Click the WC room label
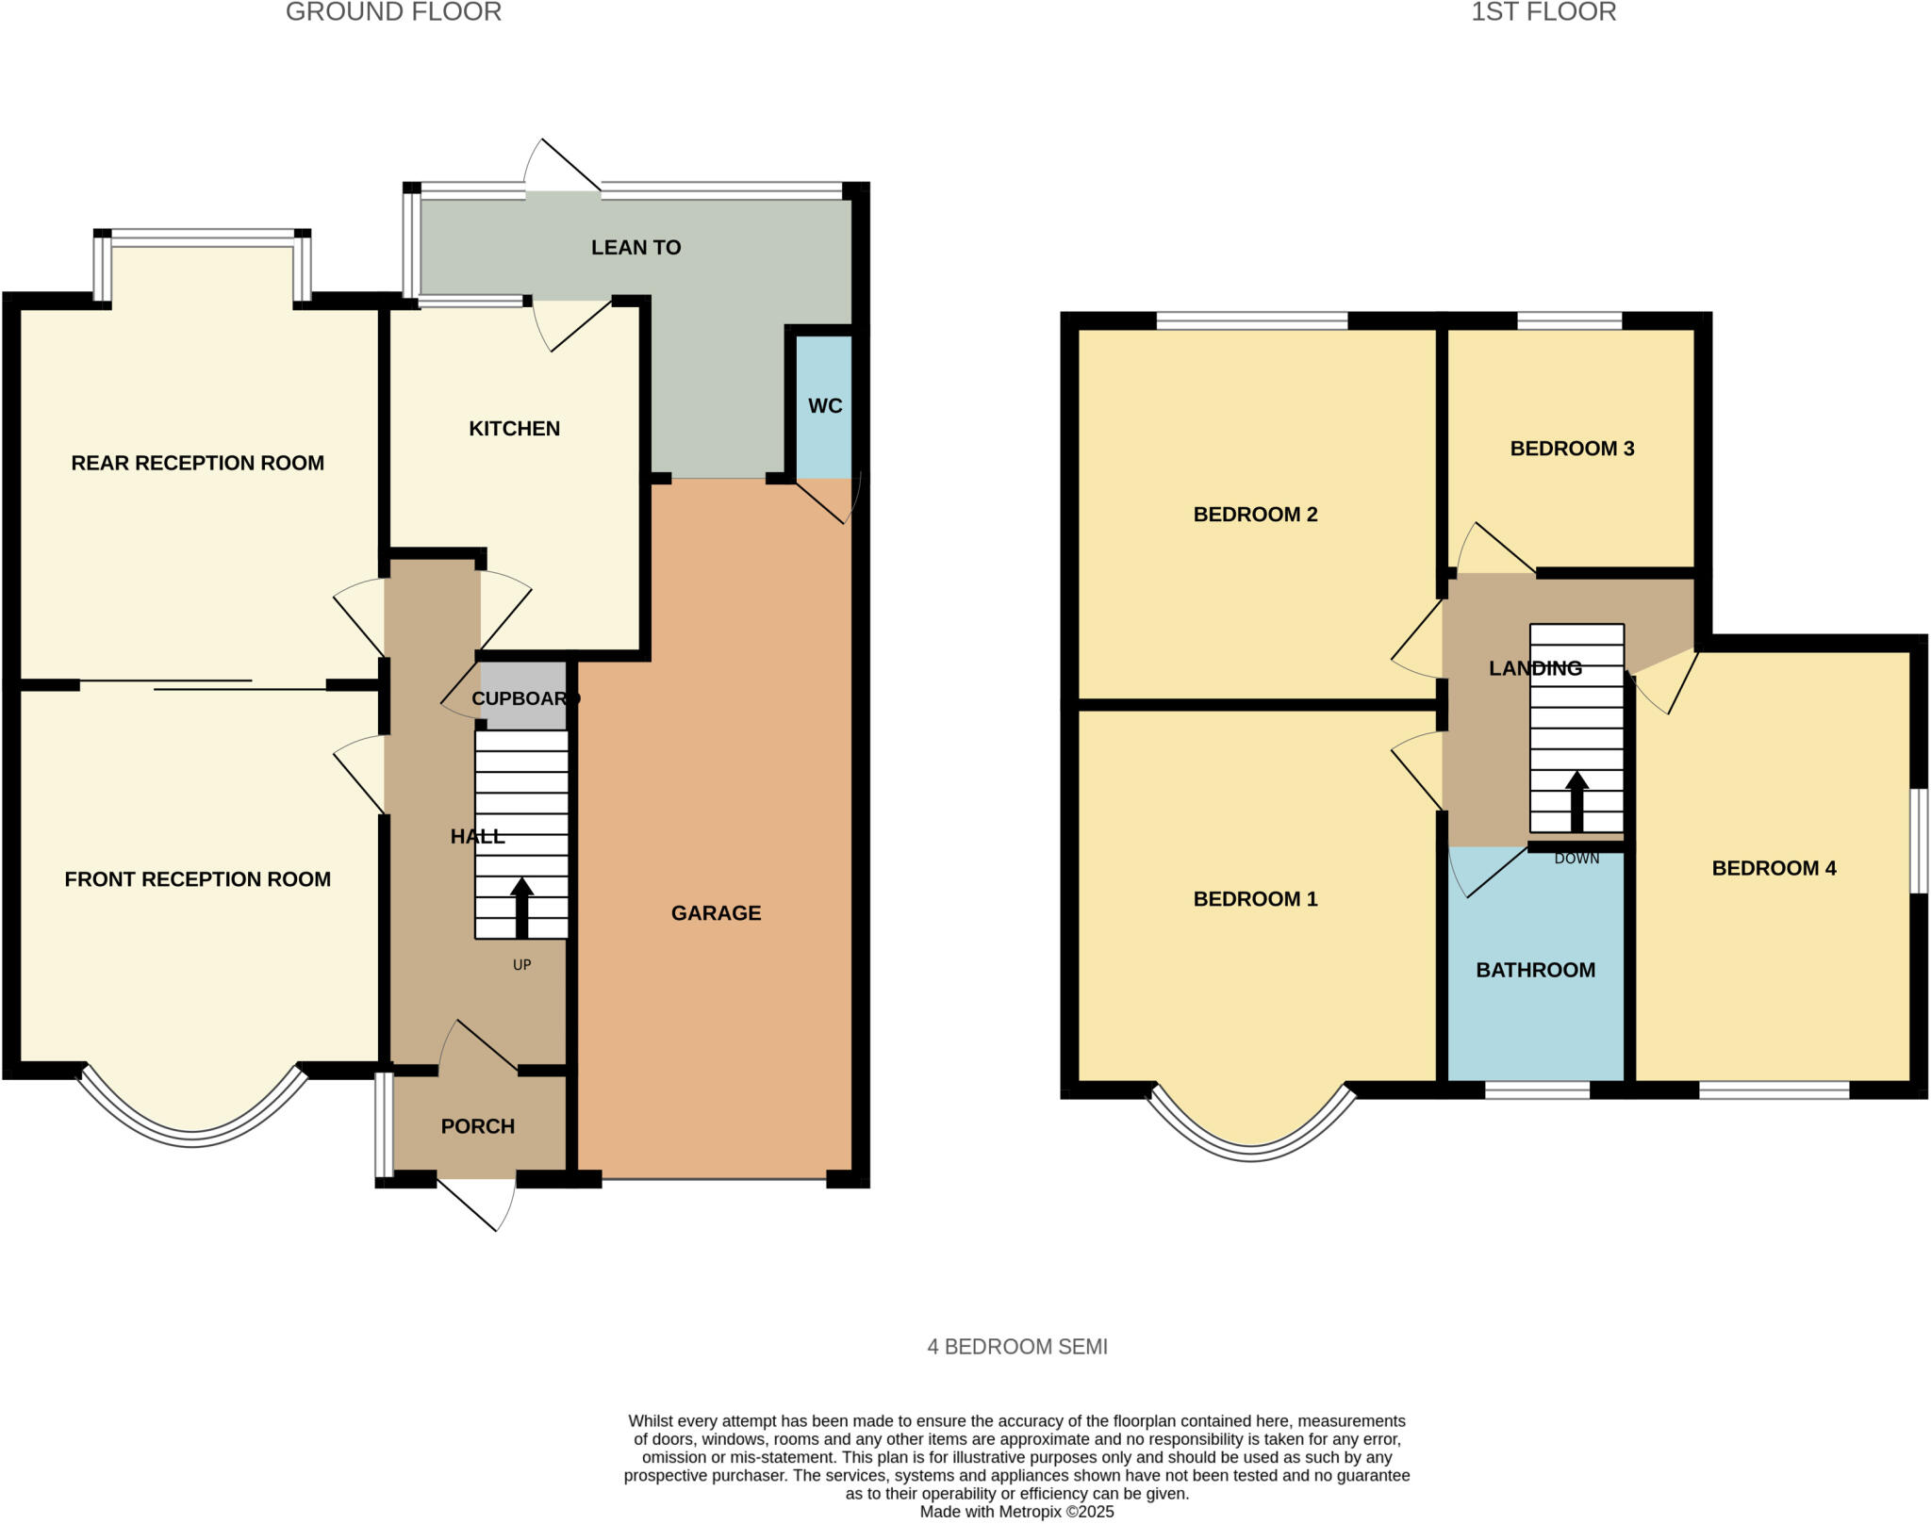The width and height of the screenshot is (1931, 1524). pyautogui.click(x=825, y=406)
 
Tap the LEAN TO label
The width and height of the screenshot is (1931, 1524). pyautogui.click(x=635, y=248)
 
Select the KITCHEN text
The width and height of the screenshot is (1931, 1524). pyautogui.click(x=514, y=429)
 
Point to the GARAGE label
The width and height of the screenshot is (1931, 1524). pyautogui.click(x=716, y=912)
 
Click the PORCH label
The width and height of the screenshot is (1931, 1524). pyautogui.click(x=477, y=1126)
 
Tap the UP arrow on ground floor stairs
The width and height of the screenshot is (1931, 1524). pyautogui.click(x=520, y=908)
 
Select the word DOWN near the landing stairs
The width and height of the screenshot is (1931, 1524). pyautogui.click(x=1576, y=859)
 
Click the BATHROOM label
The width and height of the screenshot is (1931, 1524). pyautogui.click(x=1535, y=970)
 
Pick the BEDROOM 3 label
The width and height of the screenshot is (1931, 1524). pyautogui.click(x=1572, y=449)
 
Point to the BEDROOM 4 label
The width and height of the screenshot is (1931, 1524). pyautogui.click(x=1774, y=868)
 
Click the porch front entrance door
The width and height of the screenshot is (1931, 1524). pyautogui.click(x=477, y=1205)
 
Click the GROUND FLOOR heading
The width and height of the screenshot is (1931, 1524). pyautogui.click(x=393, y=12)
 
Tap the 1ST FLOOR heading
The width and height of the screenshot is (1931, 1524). pyautogui.click(x=1543, y=12)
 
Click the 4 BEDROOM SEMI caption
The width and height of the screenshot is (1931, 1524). pyautogui.click(x=1016, y=1347)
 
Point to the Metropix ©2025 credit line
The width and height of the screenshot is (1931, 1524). pyautogui.click(x=1016, y=1512)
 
